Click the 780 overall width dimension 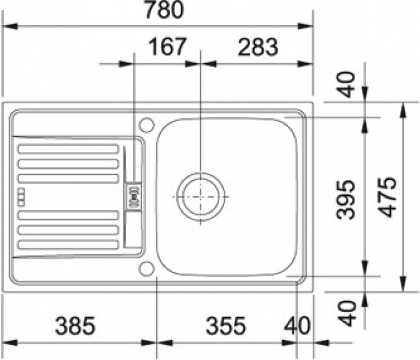pyautogui.click(x=164, y=10)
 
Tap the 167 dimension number pyautogui.click(x=167, y=47)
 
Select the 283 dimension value pyautogui.click(x=258, y=47)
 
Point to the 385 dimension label pyautogui.click(x=75, y=326)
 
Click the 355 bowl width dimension pyautogui.click(x=225, y=326)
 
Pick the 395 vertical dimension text pyautogui.click(x=346, y=200)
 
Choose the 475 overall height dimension pyautogui.click(x=388, y=197)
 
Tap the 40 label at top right pyautogui.click(x=346, y=84)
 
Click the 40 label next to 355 pyautogui.click(x=297, y=326)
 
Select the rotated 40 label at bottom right pyautogui.click(x=347, y=313)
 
